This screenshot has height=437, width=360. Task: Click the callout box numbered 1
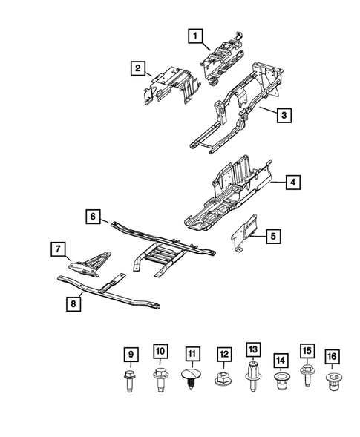coord(194,34)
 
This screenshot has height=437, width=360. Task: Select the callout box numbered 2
coord(138,69)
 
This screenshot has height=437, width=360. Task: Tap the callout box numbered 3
coord(283,115)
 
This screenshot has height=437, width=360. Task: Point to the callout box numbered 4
coord(294,182)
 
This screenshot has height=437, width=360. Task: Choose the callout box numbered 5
coord(273,237)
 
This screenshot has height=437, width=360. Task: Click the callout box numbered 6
coord(93,217)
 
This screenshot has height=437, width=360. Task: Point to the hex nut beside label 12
coord(223,381)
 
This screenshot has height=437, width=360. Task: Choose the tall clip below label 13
coord(253,377)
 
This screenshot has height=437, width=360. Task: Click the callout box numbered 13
coord(253,349)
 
